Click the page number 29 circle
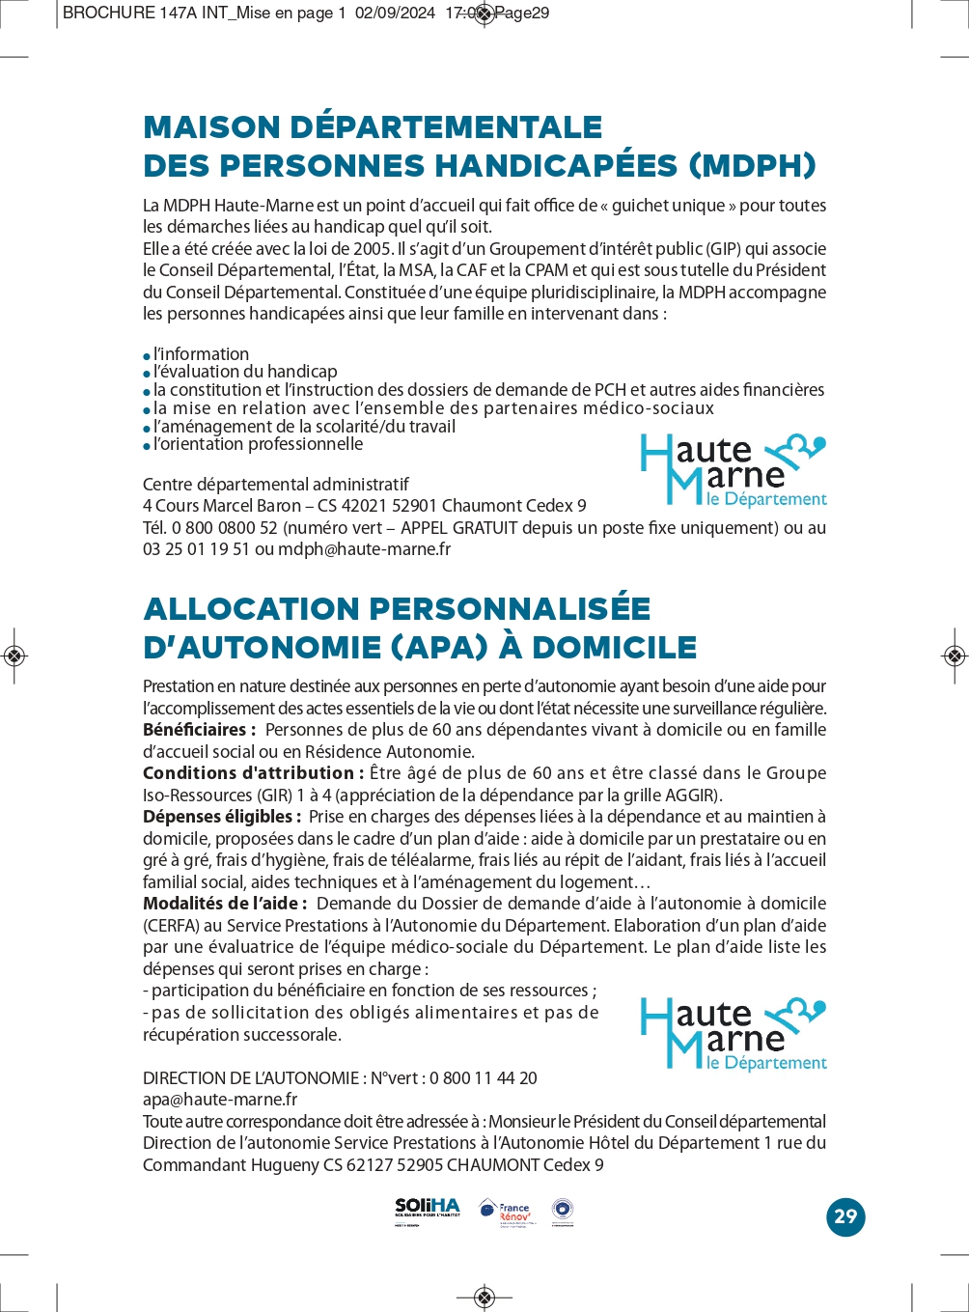[x=845, y=1216]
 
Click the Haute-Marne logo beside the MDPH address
[x=734, y=470]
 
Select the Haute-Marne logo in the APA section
[x=734, y=1034]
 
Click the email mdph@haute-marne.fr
[x=364, y=549]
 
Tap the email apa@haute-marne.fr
[x=220, y=1100]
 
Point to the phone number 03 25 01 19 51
[x=196, y=549]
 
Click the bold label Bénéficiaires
[x=199, y=730]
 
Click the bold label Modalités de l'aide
[x=225, y=904]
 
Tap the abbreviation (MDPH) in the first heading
[x=752, y=165]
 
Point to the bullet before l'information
[x=148, y=356]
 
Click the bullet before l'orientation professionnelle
[x=148, y=446]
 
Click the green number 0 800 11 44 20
[x=484, y=1078]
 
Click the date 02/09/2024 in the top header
[x=395, y=14]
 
